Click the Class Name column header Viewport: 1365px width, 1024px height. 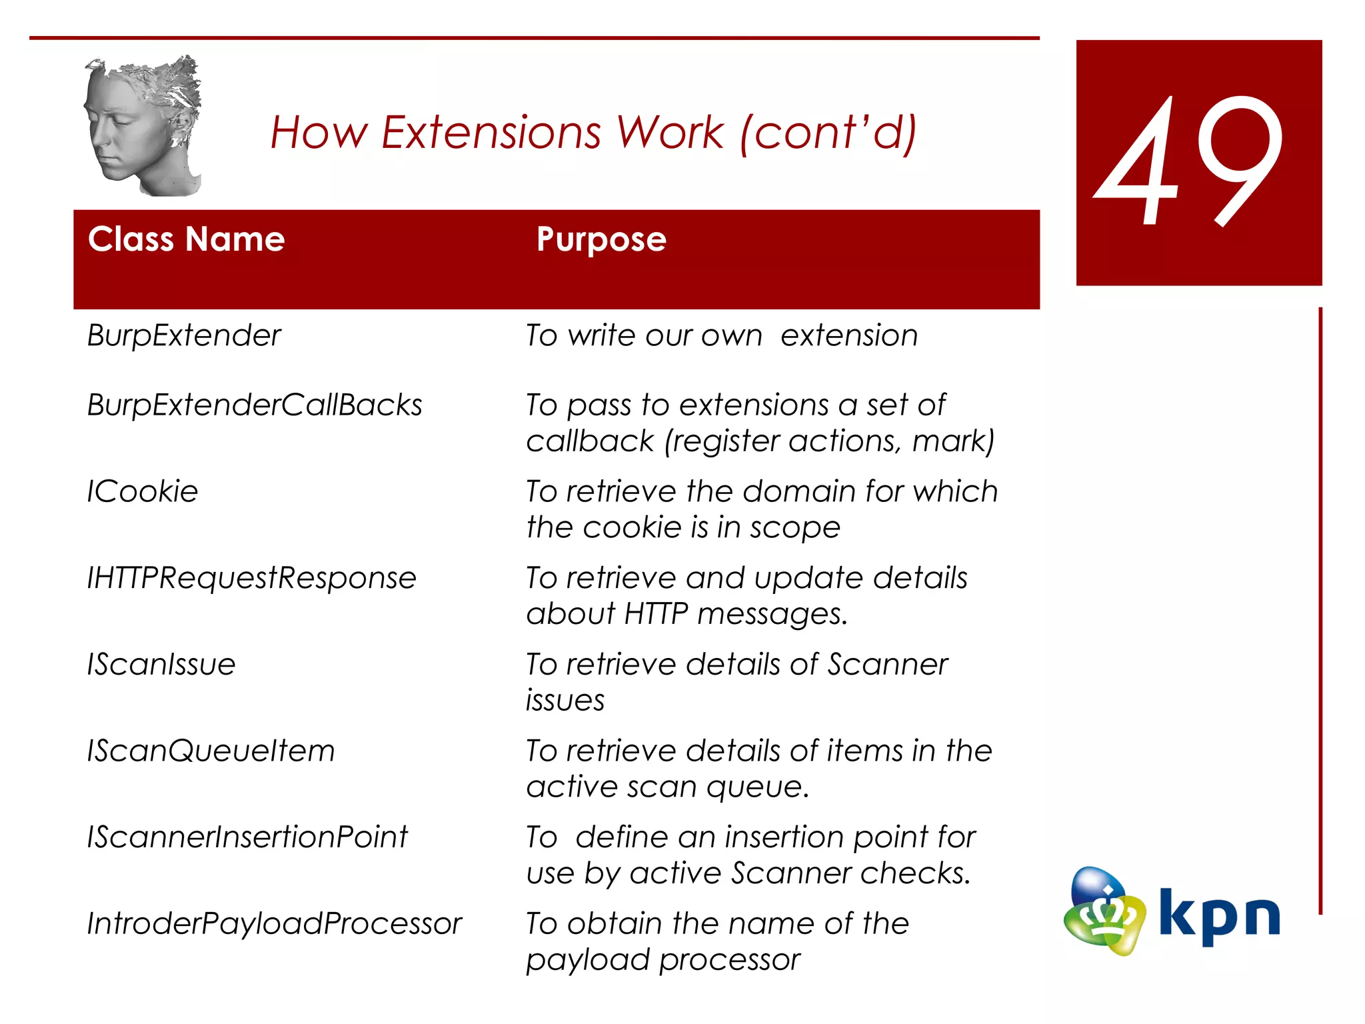(x=186, y=239)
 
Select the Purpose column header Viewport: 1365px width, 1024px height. (x=601, y=240)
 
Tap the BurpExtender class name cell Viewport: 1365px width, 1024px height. (x=184, y=335)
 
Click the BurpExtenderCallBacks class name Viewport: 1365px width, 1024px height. (x=255, y=405)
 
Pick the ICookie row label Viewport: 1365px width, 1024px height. (x=143, y=492)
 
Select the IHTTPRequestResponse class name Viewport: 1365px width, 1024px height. (x=251, y=578)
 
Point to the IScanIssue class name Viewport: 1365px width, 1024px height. (x=161, y=665)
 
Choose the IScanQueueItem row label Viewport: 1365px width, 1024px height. (x=211, y=751)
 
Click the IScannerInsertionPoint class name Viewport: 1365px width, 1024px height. (x=247, y=837)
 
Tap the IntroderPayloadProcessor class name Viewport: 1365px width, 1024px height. (x=274, y=924)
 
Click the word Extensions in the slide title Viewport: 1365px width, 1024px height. (x=491, y=132)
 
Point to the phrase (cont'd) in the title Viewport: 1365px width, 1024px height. (x=828, y=132)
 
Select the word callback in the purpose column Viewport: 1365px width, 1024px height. (x=590, y=441)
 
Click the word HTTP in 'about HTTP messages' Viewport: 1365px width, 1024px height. (x=656, y=614)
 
